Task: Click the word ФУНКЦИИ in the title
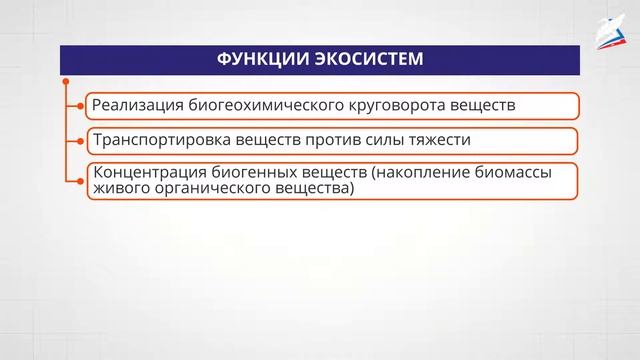tap(263, 60)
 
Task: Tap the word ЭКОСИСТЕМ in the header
tap(366, 60)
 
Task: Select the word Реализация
tap(134, 104)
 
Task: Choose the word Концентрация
tap(145, 172)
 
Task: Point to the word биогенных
tap(249, 172)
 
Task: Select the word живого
tap(118, 188)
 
